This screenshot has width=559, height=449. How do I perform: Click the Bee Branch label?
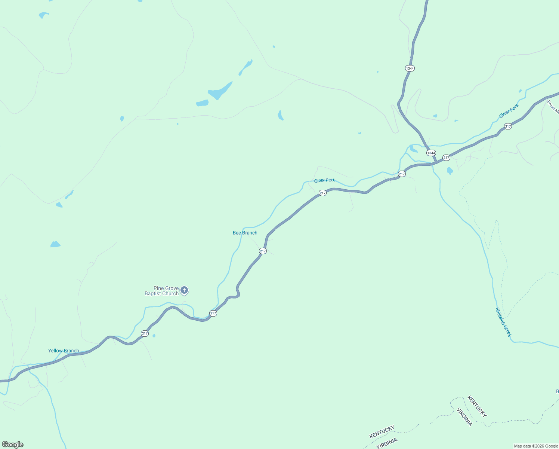pyautogui.click(x=245, y=233)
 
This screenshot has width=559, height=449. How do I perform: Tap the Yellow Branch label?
pyautogui.click(x=64, y=351)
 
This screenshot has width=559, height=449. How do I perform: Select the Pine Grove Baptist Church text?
pyautogui.click(x=162, y=291)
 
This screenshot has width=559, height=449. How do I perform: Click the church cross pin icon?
pyautogui.click(x=184, y=290)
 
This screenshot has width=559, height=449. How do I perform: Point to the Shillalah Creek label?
pyautogui.click(x=503, y=322)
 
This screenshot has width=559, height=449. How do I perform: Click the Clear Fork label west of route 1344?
pyautogui.click(x=324, y=180)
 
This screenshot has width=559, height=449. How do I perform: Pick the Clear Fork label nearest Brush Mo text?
pyautogui.click(x=509, y=111)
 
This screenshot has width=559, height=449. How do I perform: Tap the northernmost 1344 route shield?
pyautogui.click(x=410, y=68)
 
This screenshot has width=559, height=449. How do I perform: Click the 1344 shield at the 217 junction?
pyautogui.click(x=431, y=153)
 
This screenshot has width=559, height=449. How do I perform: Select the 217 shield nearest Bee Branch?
pyautogui.click(x=263, y=251)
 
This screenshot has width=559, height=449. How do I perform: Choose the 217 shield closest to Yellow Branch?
pyautogui.click(x=145, y=333)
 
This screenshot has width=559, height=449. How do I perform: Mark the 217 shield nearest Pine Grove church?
pyautogui.click(x=213, y=313)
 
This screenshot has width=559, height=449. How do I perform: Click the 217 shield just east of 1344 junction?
pyautogui.click(x=446, y=158)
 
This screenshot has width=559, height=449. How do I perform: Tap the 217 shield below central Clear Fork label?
pyautogui.click(x=322, y=193)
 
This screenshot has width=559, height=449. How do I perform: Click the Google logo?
pyautogui.click(x=13, y=445)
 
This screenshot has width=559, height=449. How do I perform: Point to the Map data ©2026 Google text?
pyautogui.click(x=536, y=446)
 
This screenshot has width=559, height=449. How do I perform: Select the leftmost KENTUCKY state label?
pyautogui.click(x=382, y=432)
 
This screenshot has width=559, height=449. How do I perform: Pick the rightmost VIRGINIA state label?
pyautogui.click(x=464, y=417)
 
